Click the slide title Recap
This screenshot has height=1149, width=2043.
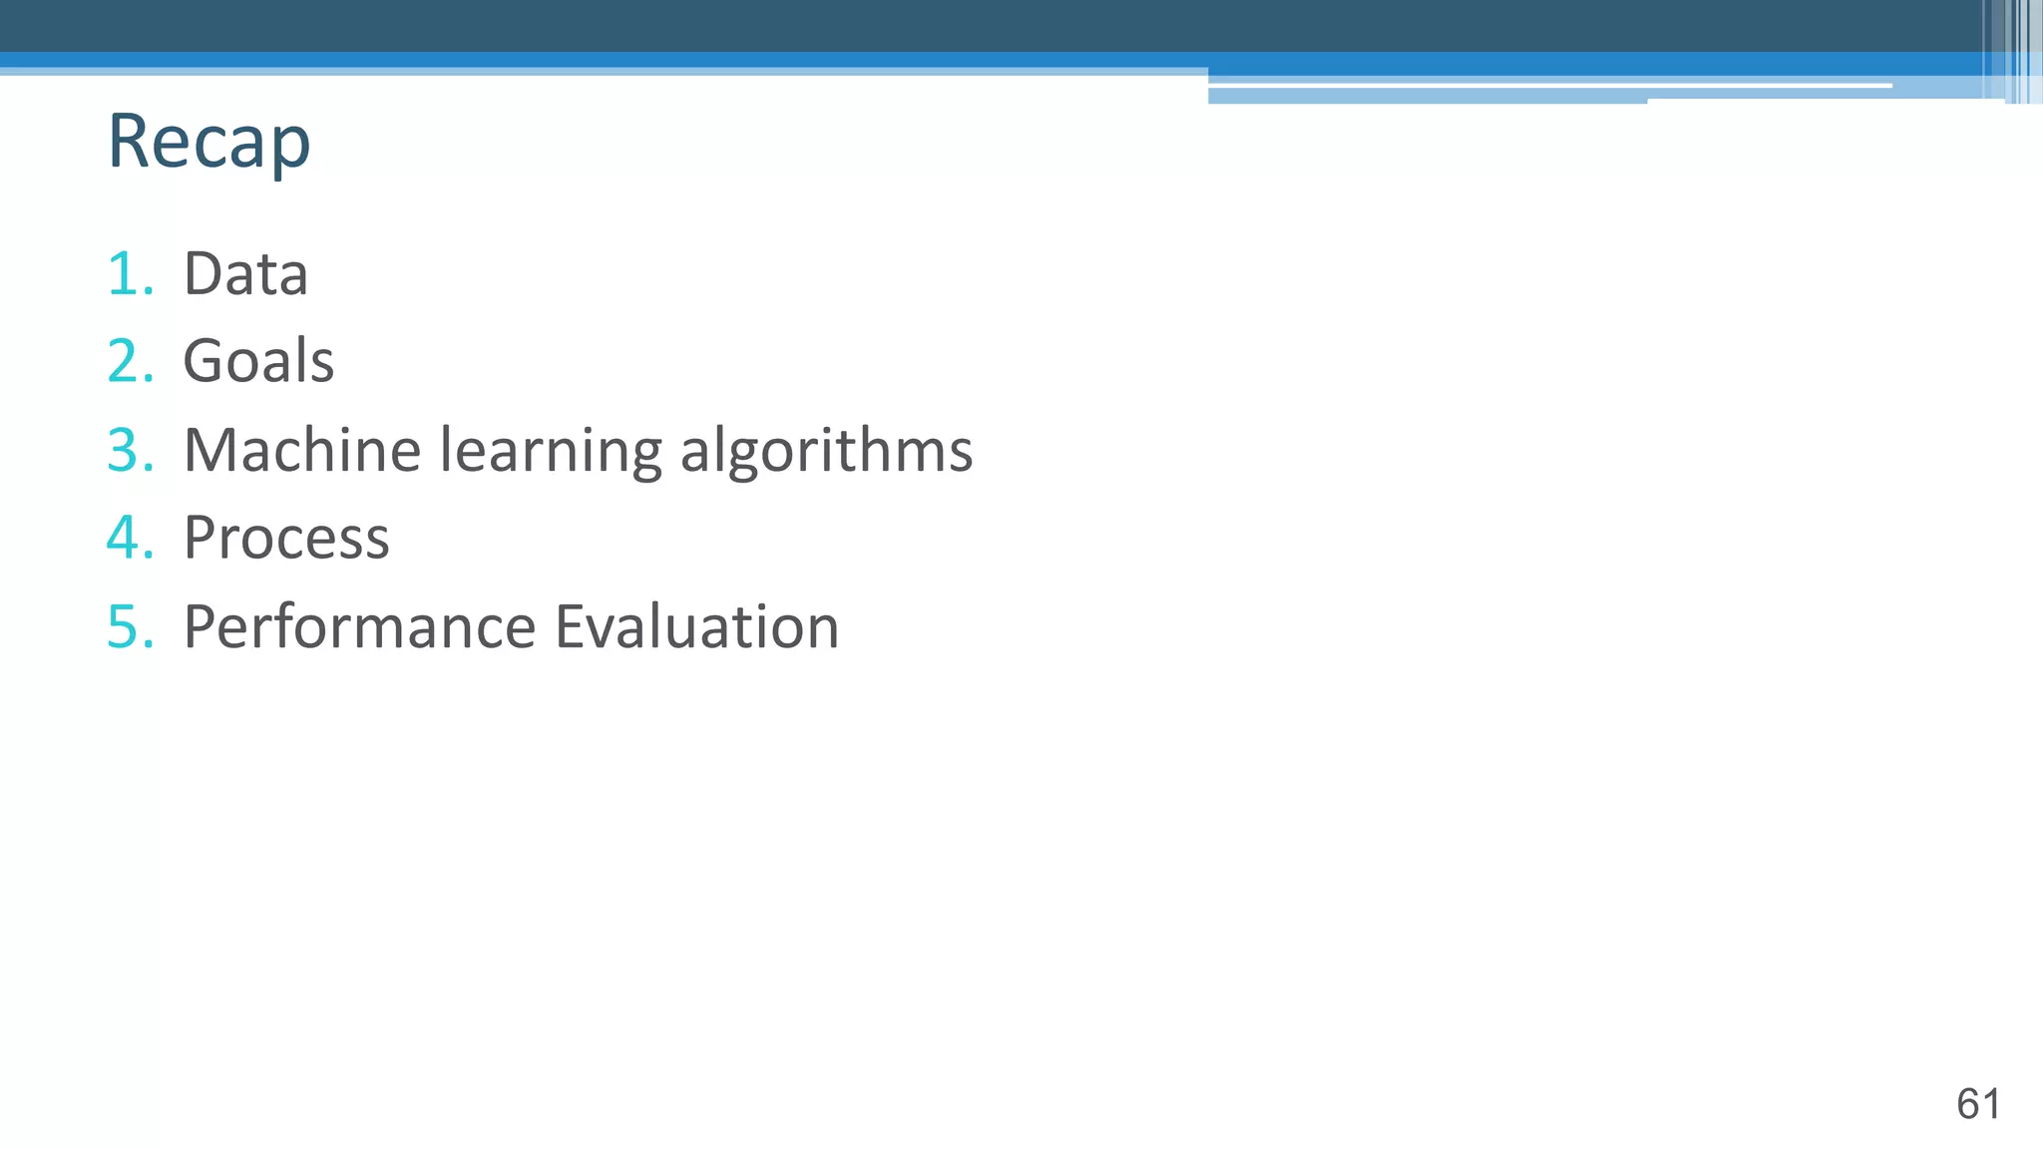click(208, 142)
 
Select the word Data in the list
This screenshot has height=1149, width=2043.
click(245, 273)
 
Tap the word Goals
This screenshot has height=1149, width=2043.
click(258, 361)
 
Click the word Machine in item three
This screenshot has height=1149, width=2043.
click(302, 450)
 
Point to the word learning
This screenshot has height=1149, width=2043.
click(551, 452)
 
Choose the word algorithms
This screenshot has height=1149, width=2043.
click(826, 452)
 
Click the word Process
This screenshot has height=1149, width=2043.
click(286, 539)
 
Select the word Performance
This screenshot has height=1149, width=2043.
click(360, 627)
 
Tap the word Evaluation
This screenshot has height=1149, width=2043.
click(696, 627)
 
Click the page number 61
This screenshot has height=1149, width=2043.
click(1977, 1104)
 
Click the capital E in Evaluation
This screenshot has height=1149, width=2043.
click(572, 627)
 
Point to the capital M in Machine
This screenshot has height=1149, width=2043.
click(213, 450)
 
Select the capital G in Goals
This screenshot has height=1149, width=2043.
click(204, 361)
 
